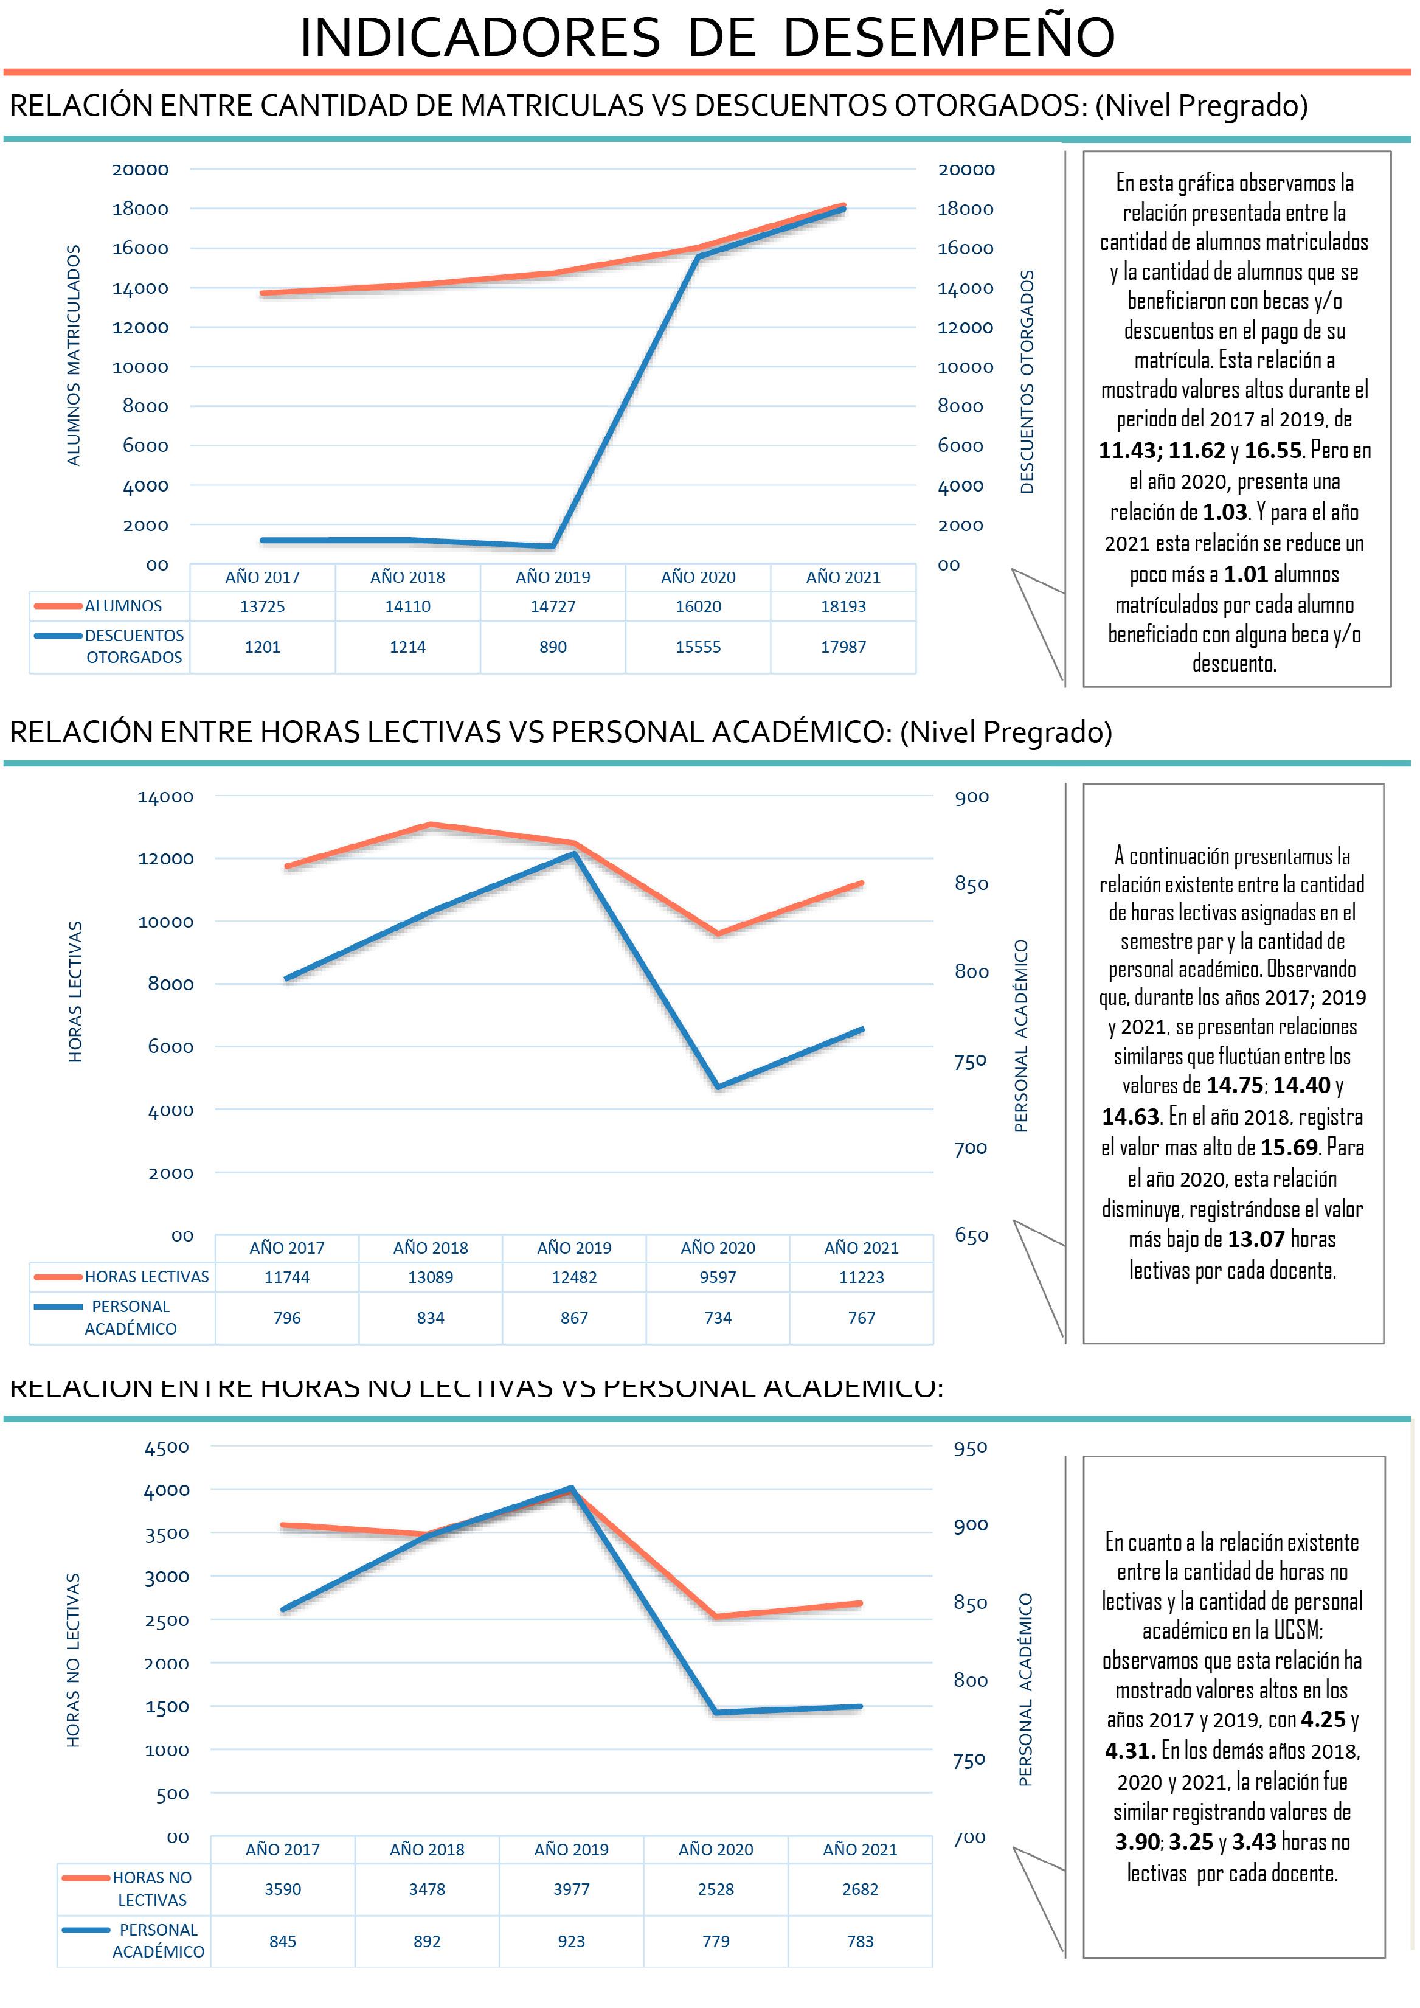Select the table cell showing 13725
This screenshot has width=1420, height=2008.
tap(262, 606)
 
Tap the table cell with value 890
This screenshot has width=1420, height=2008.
tap(553, 647)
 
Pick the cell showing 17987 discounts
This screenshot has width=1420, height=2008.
tap(843, 647)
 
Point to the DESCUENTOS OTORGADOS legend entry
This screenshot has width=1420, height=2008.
tap(134, 646)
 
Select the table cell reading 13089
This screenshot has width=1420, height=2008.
tap(430, 1277)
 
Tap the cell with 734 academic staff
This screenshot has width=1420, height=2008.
tap(718, 1318)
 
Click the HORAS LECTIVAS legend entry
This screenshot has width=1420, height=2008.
tap(146, 1277)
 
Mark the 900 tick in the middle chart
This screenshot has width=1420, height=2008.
tap(971, 797)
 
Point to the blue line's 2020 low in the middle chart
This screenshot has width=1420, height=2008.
tap(718, 1087)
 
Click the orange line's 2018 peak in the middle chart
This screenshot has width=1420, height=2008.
tap(430, 824)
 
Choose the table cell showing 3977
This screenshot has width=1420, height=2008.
tap(571, 1889)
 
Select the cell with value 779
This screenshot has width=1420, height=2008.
tap(715, 1942)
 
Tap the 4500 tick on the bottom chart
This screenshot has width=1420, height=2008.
tap(166, 1447)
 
